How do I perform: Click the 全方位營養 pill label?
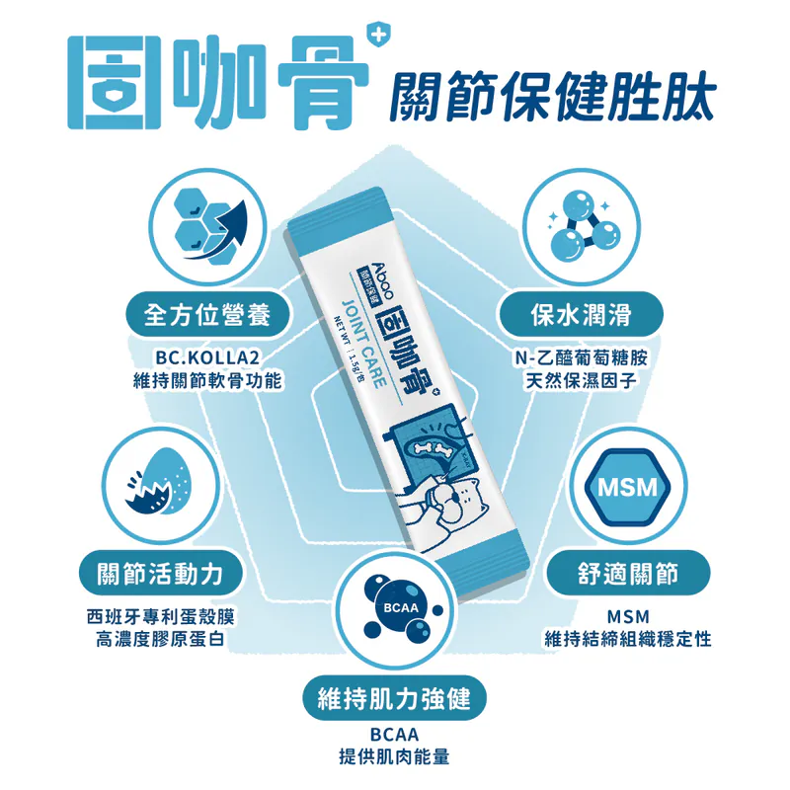tap(207, 315)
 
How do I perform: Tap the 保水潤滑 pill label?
tap(581, 315)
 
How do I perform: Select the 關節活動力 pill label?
tap(160, 574)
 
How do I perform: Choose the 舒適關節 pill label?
tap(628, 574)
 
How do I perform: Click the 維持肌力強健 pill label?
tap(394, 699)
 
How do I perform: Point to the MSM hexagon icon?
tap(628, 487)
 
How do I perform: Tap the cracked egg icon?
tap(159, 482)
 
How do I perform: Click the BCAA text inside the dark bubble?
tap(401, 607)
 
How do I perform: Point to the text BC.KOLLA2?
tap(207, 357)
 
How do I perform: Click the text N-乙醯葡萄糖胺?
tap(581, 357)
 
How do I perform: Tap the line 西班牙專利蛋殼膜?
tap(160, 616)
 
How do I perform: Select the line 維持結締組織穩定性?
tap(628, 640)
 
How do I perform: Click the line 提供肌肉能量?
tap(394, 756)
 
